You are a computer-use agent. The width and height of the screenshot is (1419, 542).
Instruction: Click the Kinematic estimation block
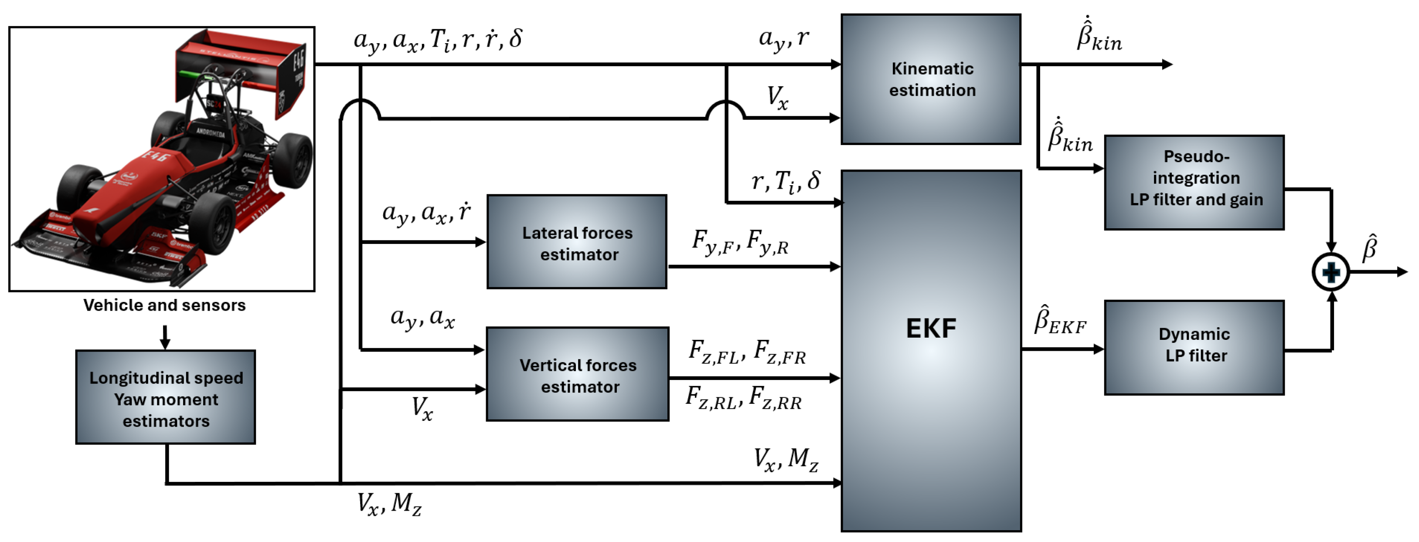click(930, 79)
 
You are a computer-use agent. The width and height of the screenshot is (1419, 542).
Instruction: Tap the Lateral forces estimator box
click(577, 242)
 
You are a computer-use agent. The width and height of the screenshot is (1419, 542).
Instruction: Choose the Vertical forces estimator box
click(577, 375)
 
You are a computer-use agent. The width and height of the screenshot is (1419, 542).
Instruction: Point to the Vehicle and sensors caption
click(164, 305)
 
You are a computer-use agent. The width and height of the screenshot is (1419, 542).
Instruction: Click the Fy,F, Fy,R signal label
click(740, 242)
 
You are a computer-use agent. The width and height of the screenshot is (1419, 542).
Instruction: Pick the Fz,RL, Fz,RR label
click(744, 398)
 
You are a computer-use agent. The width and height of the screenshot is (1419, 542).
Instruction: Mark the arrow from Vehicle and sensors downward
click(165, 337)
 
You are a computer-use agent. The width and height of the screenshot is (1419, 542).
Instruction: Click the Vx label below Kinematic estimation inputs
click(777, 98)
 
